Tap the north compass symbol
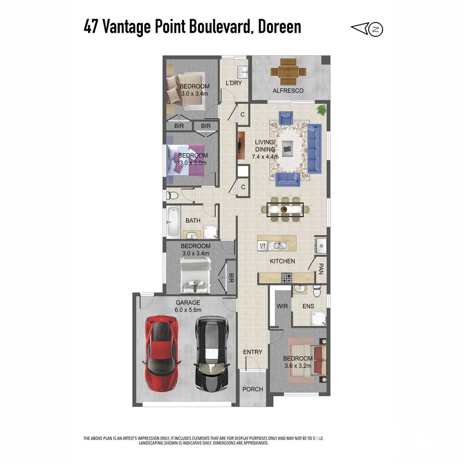[376, 29]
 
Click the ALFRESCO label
[288, 90]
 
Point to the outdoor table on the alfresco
[288, 72]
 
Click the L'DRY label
[234, 83]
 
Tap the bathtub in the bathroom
[174, 222]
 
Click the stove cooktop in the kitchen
[286, 278]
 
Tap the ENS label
[308, 306]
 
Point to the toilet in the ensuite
[317, 292]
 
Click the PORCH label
[253, 389]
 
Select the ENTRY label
[253, 352]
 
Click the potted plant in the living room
[322, 110]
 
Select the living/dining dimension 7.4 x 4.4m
[265, 156]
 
